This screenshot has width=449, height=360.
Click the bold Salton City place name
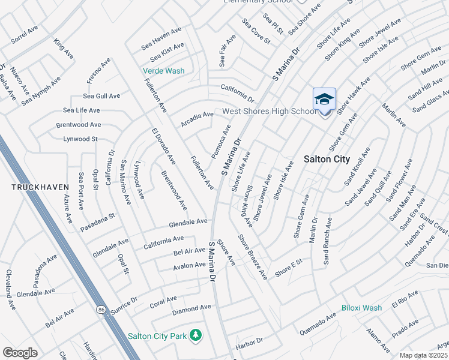click(327, 159)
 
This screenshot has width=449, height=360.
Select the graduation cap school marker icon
click(324, 99)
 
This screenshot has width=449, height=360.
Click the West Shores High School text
click(270, 111)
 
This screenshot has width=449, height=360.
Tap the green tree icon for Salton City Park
click(195, 334)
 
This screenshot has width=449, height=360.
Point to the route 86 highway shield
click(100, 309)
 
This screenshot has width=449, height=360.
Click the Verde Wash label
click(163, 71)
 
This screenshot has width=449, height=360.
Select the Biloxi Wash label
click(361, 308)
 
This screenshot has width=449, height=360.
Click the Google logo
click(20, 352)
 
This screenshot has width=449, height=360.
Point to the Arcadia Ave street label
click(197, 119)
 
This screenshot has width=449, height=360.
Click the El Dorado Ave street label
click(163, 146)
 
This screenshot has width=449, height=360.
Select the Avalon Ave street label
click(189, 265)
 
